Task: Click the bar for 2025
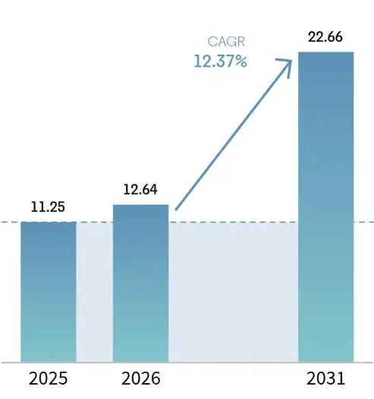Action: point(49,292)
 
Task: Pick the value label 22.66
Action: point(326,36)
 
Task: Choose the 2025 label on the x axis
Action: point(49,378)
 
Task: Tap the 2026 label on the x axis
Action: point(140,378)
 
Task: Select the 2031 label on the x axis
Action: point(326,378)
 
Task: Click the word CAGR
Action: point(228,42)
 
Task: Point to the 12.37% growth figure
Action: point(220,61)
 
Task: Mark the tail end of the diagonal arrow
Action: point(176,209)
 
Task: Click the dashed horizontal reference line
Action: point(9,222)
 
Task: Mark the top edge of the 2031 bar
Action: point(326,52)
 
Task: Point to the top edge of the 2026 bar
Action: point(140,205)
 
